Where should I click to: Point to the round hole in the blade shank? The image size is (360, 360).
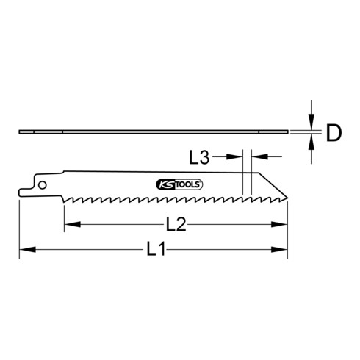(45, 184)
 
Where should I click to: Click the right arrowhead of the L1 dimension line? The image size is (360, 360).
(284, 251)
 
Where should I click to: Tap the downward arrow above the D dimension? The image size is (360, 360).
(312, 123)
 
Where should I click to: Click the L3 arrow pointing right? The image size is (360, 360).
(238, 156)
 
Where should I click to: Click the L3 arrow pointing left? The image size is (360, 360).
(258, 156)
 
